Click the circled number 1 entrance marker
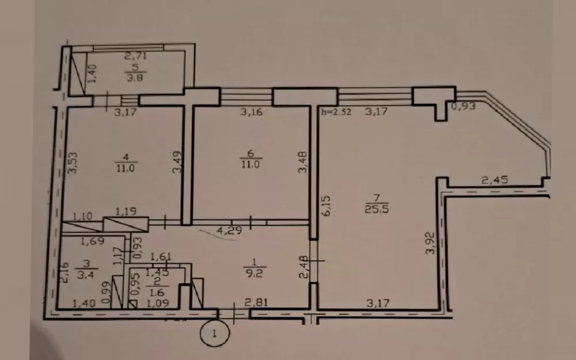tap(215, 333)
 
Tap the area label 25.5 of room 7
tap(377, 210)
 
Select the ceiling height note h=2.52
tap(336, 112)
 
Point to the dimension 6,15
tap(327, 206)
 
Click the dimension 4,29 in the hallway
tap(229, 231)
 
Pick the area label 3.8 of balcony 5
tap(135, 78)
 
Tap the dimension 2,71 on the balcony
tap(135, 56)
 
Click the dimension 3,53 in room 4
tap(73, 163)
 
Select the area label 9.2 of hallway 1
tap(254, 273)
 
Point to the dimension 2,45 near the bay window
tap(495, 180)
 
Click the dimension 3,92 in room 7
tap(430, 243)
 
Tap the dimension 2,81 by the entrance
tap(256, 302)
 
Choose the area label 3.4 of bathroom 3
tap(86, 275)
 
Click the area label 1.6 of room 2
tap(157, 293)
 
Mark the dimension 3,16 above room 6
tap(252, 111)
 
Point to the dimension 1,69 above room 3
tap(93, 241)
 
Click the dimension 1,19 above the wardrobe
tap(126, 211)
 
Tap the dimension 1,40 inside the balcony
tap(92, 74)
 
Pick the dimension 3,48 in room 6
tap(302, 162)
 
